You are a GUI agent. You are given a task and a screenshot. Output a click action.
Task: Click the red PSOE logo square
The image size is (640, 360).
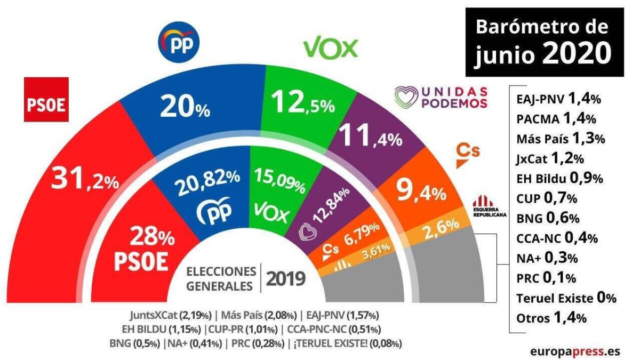point(46,100)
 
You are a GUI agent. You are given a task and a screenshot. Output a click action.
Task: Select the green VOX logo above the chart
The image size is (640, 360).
point(330,49)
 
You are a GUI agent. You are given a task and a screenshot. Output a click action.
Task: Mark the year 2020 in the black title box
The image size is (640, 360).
point(577,53)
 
